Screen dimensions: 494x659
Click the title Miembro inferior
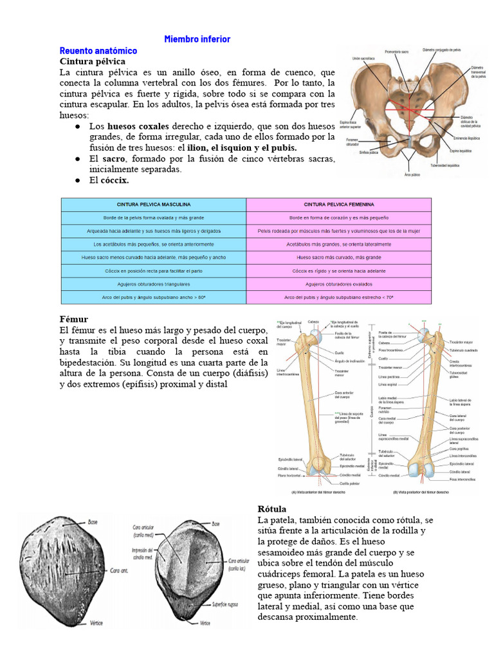coord(197,39)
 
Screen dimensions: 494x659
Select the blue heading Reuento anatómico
coord(98,50)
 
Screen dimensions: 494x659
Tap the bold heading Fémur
coord(73,319)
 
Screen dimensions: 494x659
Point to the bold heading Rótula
coord(271,509)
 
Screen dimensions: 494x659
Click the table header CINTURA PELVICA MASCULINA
coord(154,204)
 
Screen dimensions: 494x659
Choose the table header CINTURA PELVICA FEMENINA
coord(339,204)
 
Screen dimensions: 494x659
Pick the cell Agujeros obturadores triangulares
coord(154,284)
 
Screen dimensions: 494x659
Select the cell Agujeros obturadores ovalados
coord(339,284)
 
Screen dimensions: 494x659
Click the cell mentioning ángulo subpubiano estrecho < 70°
coord(339,297)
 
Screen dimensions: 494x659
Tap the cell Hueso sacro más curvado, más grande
coord(339,257)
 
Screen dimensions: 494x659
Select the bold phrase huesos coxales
coord(138,126)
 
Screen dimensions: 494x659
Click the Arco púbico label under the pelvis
coord(412,174)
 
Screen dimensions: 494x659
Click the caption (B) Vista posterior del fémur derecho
coord(421,492)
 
